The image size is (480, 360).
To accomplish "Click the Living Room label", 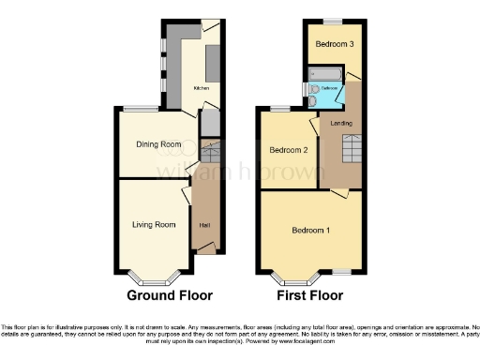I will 153,225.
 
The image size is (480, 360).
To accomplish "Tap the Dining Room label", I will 158,144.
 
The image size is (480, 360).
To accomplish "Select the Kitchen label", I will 201,88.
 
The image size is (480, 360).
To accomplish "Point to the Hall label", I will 203,225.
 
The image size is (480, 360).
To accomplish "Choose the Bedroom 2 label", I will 289,150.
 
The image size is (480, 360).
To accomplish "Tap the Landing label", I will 342,124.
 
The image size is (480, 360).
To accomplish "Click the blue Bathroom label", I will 329,88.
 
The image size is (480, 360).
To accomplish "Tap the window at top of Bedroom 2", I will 278,110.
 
